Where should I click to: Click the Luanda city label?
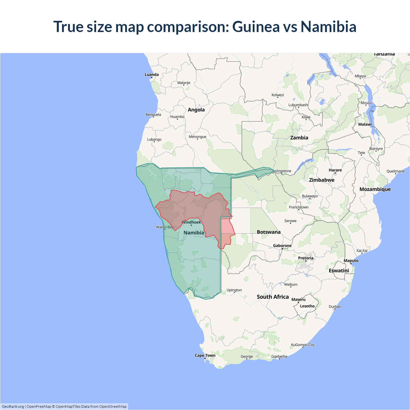click(x=152, y=75)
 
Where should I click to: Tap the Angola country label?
click(x=196, y=110)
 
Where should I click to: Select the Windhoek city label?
click(x=192, y=222)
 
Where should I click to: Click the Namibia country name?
click(x=194, y=233)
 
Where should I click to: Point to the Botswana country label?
click(x=268, y=232)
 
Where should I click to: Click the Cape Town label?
click(x=205, y=356)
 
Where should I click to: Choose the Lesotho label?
click(x=307, y=306)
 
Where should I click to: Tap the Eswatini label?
click(x=339, y=271)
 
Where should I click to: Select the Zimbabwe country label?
click(x=322, y=180)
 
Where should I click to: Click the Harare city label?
click(x=335, y=170)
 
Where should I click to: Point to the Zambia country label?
click(x=299, y=138)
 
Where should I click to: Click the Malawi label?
click(x=365, y=124)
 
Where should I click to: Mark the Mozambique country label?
click(x=375, y=189)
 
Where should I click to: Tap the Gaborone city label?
click(x=282, y=246)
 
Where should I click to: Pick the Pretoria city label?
click(x=306, y=258)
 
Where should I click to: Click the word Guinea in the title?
click(x=256, y=27)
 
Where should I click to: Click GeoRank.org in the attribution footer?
click(x=13, y=406)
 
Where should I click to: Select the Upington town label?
click(x=234, y=290)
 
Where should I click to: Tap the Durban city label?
click(x=335, y=307)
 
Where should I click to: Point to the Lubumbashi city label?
click(x=298, y=105)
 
